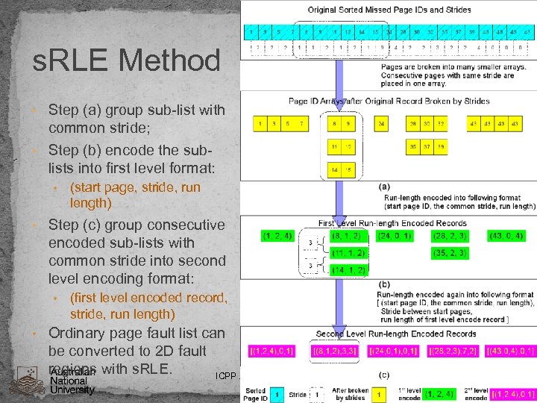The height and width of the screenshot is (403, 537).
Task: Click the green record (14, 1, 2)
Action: coord(348,270)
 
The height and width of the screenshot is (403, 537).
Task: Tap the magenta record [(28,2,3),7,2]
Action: coord(451,351)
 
